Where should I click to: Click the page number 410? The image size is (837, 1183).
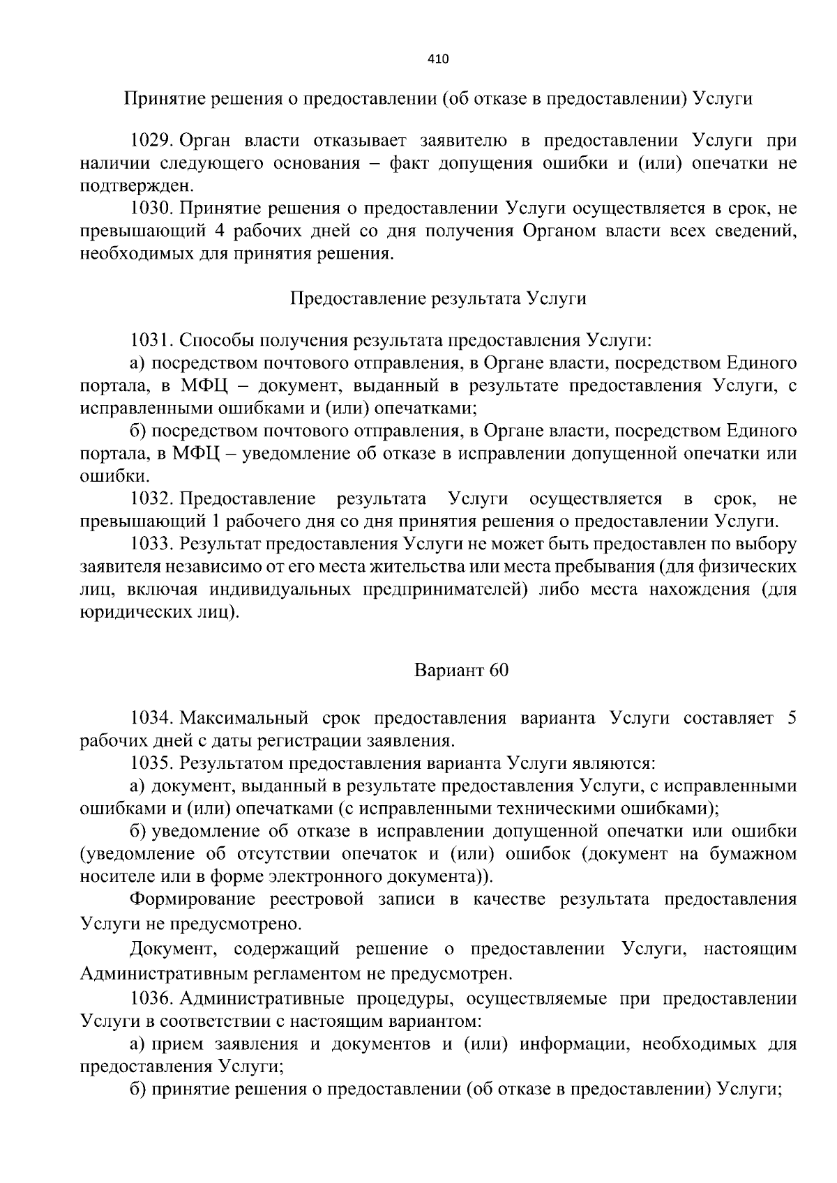pos(437,59)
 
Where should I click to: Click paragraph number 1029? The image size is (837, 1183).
pos(151,141)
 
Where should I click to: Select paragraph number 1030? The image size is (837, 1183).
pos(151,208)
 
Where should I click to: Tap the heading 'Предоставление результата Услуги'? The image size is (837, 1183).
pos(437,298)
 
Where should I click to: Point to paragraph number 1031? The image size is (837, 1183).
pos(151,340)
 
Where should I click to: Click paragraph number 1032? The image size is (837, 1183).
pos(151,498)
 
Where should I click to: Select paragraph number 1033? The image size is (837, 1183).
pos(151,543)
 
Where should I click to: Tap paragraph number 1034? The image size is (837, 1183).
pos(151,718)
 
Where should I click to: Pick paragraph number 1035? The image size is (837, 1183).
pos(151,763)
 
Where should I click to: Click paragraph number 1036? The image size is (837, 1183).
pos(151,999)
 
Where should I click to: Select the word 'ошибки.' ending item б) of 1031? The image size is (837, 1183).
pos(105,477)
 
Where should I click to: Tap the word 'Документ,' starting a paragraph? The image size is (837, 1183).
pos(165,949)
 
